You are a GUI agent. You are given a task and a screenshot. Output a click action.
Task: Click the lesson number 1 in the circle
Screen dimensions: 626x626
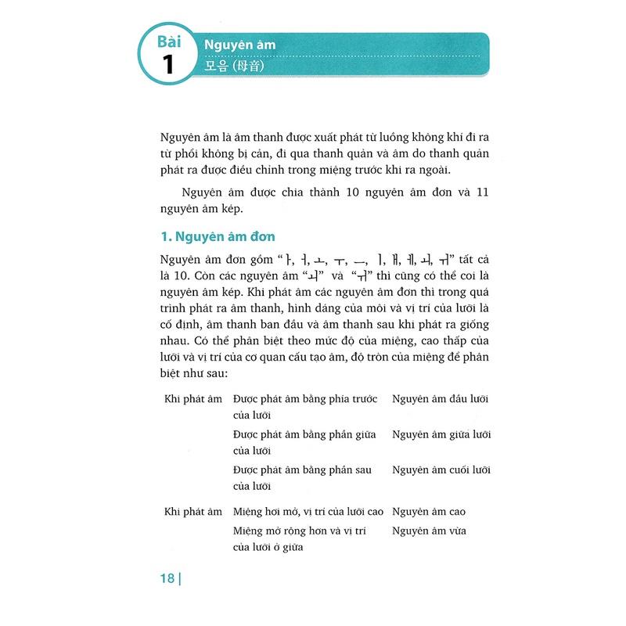point(168,65)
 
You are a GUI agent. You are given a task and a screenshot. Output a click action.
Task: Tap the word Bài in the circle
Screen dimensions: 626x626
point(168,41)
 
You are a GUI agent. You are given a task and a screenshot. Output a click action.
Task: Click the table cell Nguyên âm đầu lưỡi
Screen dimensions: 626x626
point(441,399)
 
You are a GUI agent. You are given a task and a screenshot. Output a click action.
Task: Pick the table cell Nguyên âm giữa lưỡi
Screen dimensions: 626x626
point(441,434)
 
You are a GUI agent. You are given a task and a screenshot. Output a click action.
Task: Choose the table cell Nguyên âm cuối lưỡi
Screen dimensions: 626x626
point(441,469)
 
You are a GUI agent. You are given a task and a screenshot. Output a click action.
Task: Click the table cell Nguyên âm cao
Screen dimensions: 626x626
point(429,512)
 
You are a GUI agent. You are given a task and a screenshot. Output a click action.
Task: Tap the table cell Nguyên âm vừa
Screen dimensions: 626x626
point(429,531)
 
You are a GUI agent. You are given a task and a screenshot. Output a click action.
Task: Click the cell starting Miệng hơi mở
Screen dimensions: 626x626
point(308,512)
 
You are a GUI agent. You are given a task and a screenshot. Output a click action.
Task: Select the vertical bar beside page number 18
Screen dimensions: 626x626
point(181,580)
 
